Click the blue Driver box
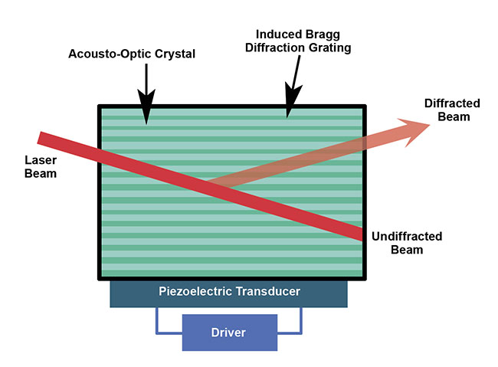tap(228, 332)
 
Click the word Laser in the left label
tap(41, 162)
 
